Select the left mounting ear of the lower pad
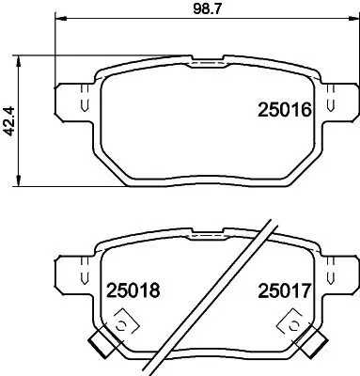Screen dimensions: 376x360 click(72, 273)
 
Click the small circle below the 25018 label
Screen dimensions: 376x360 click(119, 325)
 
